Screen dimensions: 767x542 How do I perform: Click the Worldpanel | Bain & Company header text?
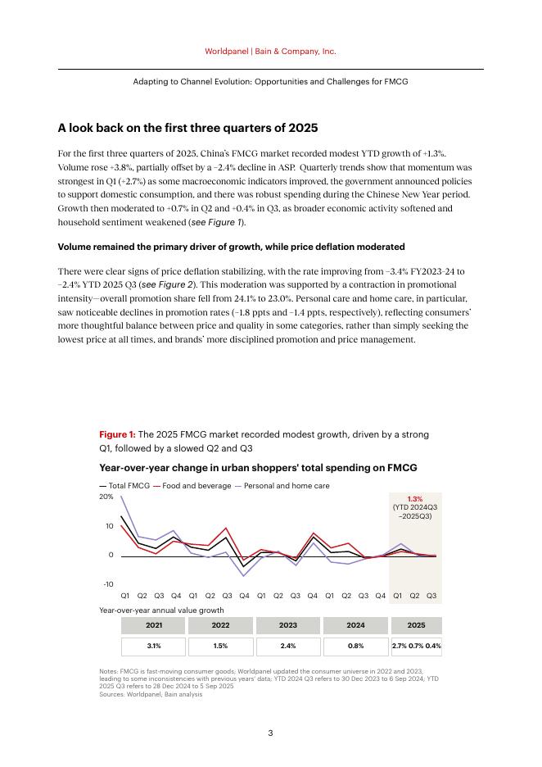[270, 51]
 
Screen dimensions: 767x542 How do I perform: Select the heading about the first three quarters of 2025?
[187, 129]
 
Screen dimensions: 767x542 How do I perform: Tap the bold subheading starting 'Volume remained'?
[231, 247]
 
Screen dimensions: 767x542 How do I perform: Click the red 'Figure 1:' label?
[117, 434]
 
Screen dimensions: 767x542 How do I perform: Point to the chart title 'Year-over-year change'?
[258, 468]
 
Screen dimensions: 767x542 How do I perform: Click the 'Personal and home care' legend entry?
[286, 486]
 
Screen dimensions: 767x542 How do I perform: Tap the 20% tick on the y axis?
[106, 497]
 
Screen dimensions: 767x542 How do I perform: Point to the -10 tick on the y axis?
[108, 584]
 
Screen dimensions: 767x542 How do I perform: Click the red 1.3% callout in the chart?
[415, 499]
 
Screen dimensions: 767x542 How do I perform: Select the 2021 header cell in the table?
[153, 625]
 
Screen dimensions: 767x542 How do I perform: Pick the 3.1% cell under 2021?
[153, 646]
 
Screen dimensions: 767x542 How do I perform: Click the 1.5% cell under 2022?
[220, 646]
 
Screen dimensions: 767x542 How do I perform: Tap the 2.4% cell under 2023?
[288, 646]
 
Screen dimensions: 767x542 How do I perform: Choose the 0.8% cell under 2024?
[355, 646]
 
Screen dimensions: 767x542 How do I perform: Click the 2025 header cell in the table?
[416, 625]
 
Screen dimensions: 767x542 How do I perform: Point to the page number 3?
[270, 733]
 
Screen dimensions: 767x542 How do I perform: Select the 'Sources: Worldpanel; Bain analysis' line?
[151, 694]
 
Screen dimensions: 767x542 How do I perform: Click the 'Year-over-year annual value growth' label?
[161, 610]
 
